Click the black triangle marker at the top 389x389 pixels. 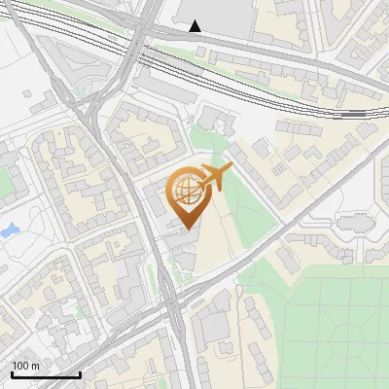195,26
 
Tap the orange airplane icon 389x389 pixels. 214,177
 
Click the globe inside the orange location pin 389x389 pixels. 185,192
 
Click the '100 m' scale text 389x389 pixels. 25,365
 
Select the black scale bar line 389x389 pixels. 46,374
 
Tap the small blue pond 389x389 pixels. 10,231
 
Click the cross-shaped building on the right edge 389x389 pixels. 353,223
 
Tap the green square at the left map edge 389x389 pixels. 3,181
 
